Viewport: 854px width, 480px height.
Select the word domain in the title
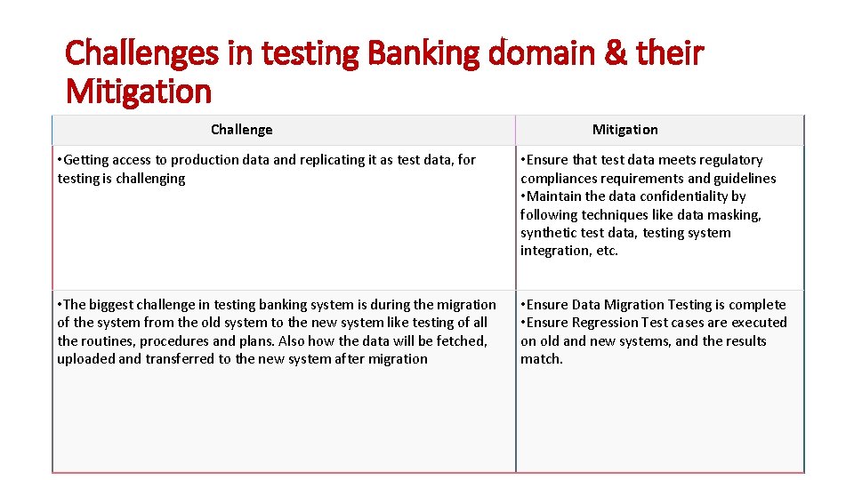point(544,53)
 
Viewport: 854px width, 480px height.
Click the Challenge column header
point(241,130)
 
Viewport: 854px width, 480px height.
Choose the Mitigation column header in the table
point(624,130)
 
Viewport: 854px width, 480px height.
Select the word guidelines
point(742,179)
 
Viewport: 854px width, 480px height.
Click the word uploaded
point(85,359)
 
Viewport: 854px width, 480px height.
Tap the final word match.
point(541,359)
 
